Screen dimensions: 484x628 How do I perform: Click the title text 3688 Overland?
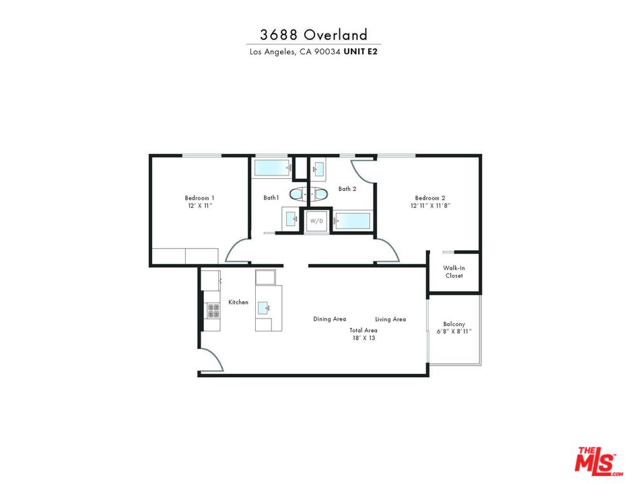coord(314,35)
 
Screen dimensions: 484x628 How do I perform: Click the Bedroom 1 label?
coord(199,198)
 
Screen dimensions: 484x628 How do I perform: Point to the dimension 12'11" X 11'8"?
coord(430,206)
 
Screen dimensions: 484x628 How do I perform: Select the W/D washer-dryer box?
coord(316,220)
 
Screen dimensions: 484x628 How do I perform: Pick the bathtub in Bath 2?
coord(353,221)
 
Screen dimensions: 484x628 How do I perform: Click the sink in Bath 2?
coord(319,167)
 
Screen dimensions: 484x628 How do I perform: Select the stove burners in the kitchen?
coord(213,311)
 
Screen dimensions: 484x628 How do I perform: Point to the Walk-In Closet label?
coord(454,272)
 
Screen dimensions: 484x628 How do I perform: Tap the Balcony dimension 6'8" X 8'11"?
coord(454,331)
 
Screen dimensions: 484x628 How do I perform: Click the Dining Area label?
coord(330,319)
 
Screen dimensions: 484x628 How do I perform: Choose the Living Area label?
coord(390,319)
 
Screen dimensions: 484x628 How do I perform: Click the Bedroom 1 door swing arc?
coord(236,251)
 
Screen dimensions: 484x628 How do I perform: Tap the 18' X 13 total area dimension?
coord(363,338)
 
